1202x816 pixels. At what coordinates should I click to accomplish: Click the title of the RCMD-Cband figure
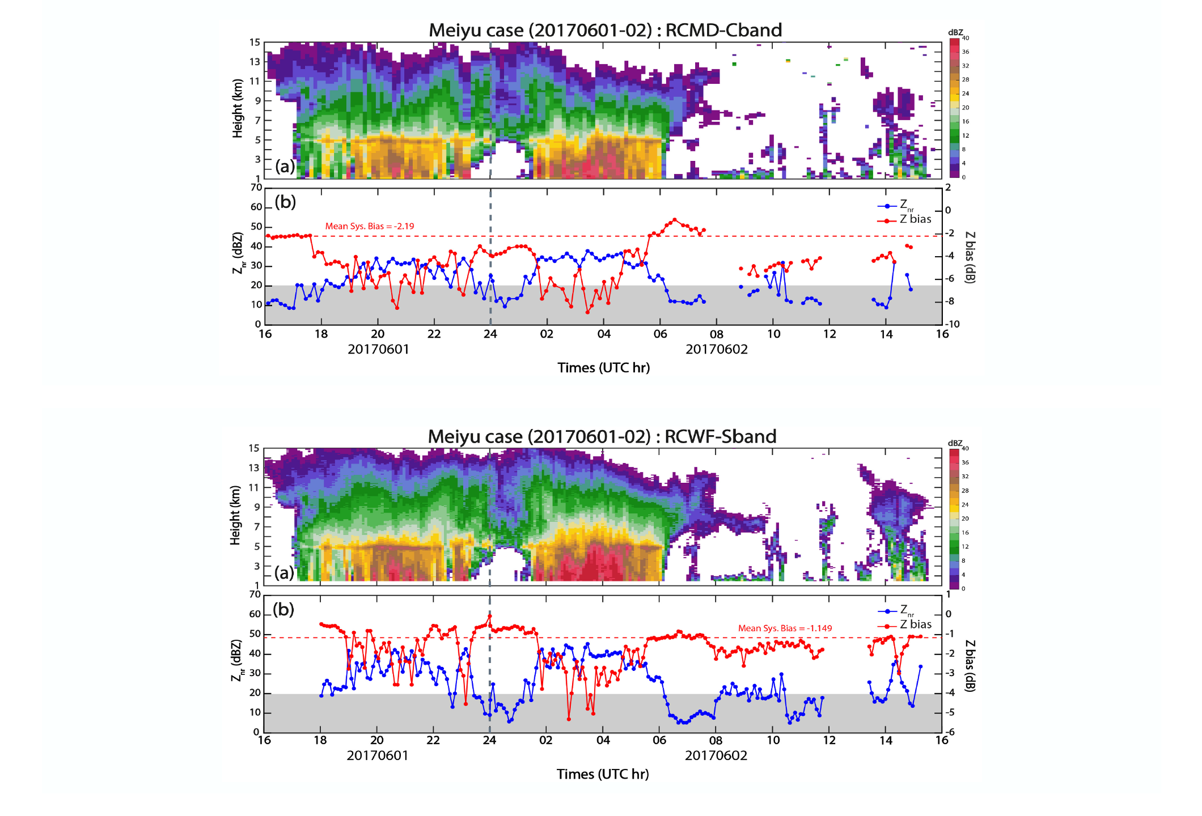click(605, 30)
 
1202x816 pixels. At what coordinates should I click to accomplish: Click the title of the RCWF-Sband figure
click(602, 436)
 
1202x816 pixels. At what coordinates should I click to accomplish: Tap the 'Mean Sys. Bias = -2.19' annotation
click(369, 226)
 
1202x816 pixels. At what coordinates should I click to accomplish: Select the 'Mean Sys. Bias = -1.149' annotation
click(785, 628)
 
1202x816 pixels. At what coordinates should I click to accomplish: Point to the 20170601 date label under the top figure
click(378, 349)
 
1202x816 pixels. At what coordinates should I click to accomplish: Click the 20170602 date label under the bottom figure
click(716, 755)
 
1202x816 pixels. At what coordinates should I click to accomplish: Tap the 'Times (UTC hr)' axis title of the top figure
click(603, 368)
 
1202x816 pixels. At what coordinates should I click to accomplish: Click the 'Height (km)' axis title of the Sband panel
click(235, 515)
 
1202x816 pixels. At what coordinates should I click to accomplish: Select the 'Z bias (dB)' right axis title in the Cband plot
click(970, 257)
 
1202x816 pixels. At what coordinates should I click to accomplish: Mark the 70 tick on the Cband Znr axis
click(256, 188)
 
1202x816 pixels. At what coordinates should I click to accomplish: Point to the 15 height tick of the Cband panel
click(255, 42)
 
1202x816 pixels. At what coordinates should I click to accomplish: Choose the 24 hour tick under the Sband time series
click(489, 740)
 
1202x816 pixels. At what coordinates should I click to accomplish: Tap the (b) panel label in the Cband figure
click(285, 202)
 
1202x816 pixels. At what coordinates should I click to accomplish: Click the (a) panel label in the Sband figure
click(284, 573)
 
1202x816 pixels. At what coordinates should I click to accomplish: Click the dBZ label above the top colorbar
click(955, 32)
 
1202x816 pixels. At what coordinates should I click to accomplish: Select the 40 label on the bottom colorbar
click(965, 448)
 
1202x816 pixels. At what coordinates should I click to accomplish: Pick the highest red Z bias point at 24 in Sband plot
click(489, 616)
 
